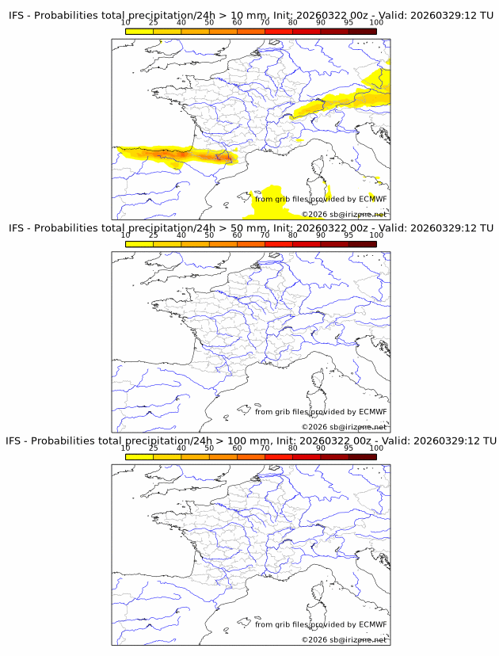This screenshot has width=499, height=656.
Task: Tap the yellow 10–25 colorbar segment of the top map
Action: tap(139, 31)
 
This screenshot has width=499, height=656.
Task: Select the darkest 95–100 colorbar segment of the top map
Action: tap(362, 31)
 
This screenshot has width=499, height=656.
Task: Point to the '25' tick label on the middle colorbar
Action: tap(154, 235)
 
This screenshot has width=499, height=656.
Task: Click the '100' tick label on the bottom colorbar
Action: tap(376, 448)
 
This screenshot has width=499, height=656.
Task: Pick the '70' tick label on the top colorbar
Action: tap(265, 22)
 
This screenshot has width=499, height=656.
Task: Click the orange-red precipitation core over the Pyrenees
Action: tap(208, 158)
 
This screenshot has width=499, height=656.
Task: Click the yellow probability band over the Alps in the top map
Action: tap(333, 104)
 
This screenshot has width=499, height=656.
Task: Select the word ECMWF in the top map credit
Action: tap(373, 199)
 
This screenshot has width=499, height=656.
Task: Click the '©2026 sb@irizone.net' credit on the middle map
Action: tap(344, 427)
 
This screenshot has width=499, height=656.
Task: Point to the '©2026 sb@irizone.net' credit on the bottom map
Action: tap(344, 639)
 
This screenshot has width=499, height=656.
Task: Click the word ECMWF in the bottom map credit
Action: tap(373, 624)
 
